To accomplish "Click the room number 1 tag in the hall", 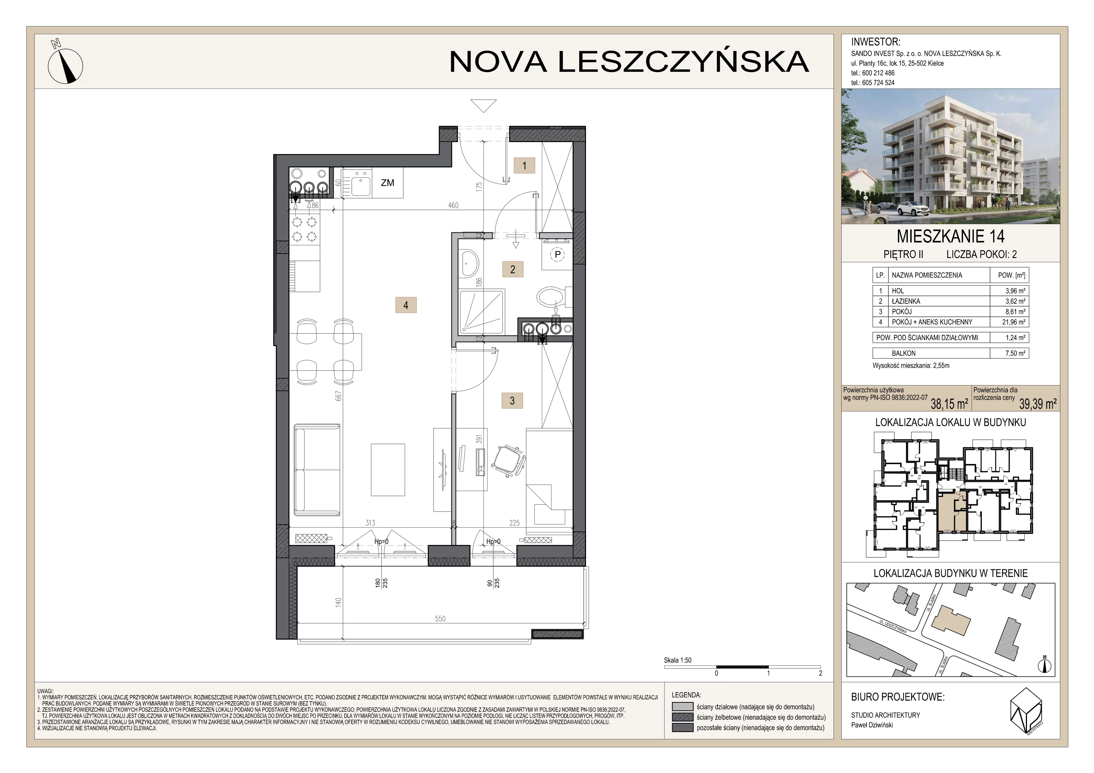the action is tap(524, 166).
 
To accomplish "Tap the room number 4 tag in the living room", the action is tap(406, 305).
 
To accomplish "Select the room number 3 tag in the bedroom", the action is tap(512, 401).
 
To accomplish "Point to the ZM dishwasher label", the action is tap(387, 182).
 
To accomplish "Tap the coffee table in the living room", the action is tap(388, 470).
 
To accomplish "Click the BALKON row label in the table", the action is tap(904, 353).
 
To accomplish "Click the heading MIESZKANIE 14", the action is tap(950, 236).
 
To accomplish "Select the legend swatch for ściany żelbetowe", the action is tap(682, 717).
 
